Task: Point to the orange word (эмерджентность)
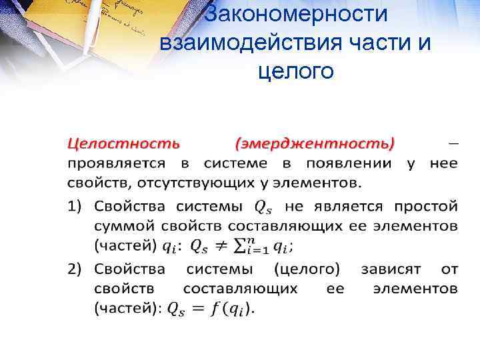point(315,143)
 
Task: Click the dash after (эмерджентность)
point(453,143)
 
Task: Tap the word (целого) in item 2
point(306,269)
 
